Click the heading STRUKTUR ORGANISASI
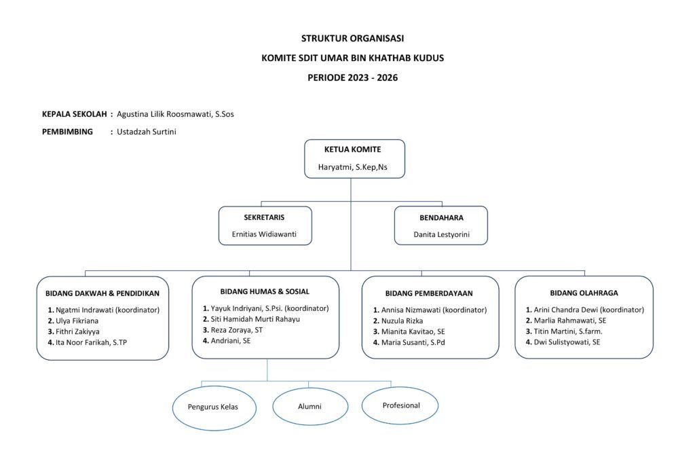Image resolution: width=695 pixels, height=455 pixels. [352, 38]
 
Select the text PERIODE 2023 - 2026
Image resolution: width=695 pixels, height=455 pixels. [352, 77]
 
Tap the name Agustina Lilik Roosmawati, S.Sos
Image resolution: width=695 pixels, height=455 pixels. [175, 114]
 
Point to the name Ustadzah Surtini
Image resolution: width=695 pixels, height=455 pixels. [147, 132]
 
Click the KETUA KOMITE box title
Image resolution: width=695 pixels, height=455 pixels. [352, 149]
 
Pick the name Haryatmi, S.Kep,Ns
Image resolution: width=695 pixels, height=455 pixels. [352, 167]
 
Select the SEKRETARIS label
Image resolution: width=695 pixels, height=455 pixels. [264, 217]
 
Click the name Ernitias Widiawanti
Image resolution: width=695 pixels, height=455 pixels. [264, 234]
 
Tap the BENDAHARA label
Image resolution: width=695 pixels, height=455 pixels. [441, 218]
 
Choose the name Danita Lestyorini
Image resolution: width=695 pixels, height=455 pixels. [441, 234]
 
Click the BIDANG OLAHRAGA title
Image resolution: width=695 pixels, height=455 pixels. [584, 293]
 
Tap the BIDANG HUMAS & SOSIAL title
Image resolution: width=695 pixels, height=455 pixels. [265, 291]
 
